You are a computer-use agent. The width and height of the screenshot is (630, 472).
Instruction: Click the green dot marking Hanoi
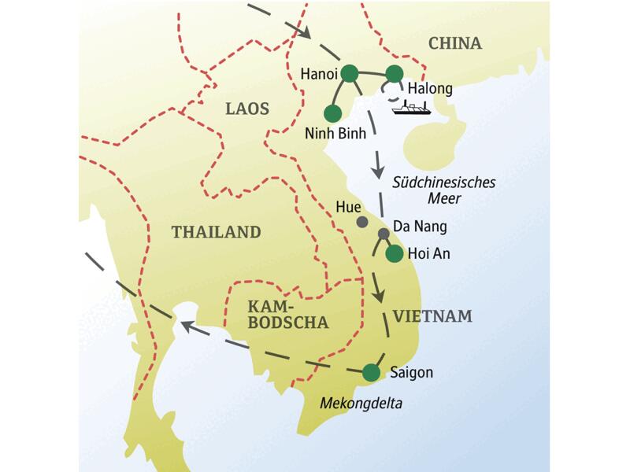pyautogui.click(x=350, y=73)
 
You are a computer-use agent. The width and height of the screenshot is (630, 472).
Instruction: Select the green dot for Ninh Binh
pyautogui.click(x=332, y=112)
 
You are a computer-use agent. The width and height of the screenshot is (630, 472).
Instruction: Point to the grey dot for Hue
pyautogui.click(x=361, y=223)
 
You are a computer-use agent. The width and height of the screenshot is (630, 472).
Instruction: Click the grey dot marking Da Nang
pyautogui.click(x=384, y=234)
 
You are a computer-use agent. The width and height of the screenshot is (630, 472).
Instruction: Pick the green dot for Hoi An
pyautogui.click(x=394, y=253)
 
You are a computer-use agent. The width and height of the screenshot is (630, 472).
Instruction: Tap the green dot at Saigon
pyautogui.click(x=370, y=371)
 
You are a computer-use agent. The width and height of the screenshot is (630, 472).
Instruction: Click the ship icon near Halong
pyautogui.click(x=411, y=109)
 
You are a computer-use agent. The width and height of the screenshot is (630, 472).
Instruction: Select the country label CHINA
pyautogui.click(x=454, y=43)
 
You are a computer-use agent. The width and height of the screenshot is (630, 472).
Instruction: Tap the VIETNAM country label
pyautogui.click(x=432, y=316)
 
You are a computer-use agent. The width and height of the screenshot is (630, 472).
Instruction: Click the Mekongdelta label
pyautogui.click(x=361, y=404)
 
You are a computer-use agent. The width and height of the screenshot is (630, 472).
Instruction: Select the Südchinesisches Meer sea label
pyautogui.click(x=443, y=190)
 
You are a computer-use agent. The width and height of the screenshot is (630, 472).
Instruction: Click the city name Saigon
pyautogui.click(x=411, y=372)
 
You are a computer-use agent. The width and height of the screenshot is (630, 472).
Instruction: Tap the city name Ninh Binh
pyautogui.click(x=335, y=133)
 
